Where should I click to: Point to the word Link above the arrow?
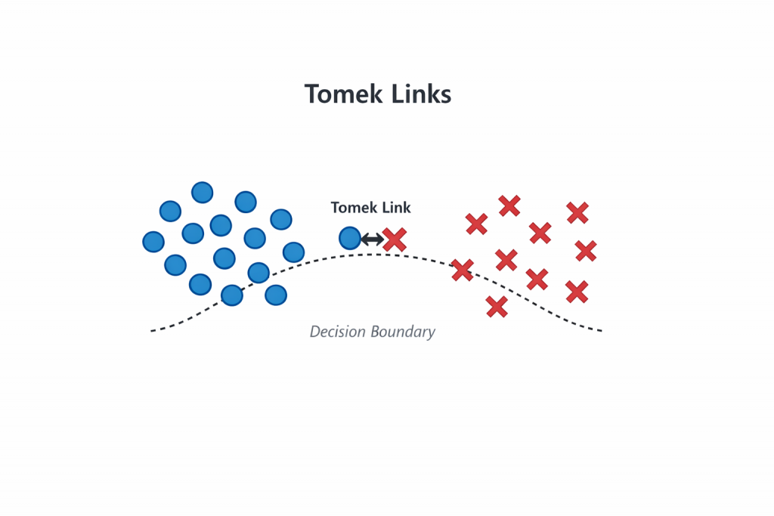[x=395, y=208]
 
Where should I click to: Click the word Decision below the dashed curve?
[x=336, y=332]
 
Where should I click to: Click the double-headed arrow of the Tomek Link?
[x=372, y=239]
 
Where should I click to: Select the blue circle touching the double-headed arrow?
[x=350, y=239]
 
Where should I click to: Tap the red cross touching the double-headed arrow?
[x=395, y=239]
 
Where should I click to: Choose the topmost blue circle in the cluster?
[x=203, y=193]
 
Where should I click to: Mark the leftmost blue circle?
[x=153, y=242]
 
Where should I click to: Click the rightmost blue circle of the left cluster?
[x=293, y=252]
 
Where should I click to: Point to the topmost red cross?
[x=509, y=205]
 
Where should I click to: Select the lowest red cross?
[x=497, y=307]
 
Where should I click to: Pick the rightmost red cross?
[x=586, y=250]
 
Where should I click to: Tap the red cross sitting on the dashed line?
[x=463, y=270]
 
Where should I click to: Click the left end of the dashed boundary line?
[x=153, y=330]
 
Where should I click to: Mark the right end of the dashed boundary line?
[x=600, y=330]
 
